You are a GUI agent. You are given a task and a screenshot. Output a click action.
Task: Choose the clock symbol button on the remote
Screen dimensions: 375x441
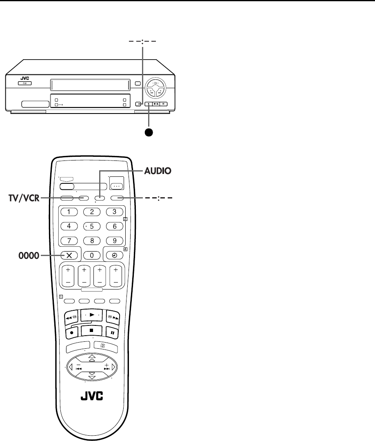[115, 255]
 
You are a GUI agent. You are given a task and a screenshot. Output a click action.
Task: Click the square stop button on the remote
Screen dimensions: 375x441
[92, 330]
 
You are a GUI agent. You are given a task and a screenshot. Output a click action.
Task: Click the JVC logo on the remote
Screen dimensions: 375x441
[91, 396]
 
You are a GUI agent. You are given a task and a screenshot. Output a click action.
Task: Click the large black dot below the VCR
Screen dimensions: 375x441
[149, 132]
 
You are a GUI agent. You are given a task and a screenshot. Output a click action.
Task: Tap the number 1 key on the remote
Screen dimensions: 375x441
[69, 212]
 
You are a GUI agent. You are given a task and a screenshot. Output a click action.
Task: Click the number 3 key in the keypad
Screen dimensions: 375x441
[115, 212]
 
